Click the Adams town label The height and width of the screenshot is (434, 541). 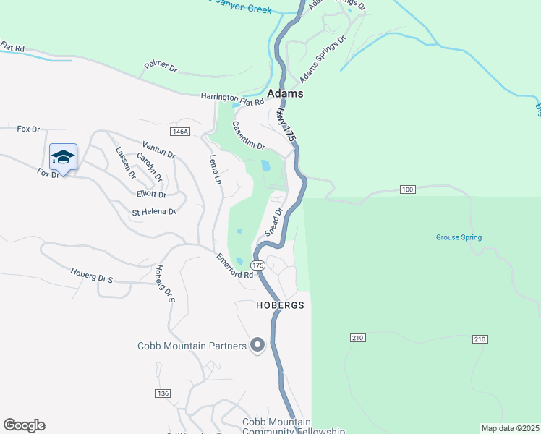tap(285, 94)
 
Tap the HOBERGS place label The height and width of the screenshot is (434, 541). tap(280, 306)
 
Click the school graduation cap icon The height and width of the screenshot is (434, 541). tap(63, 157)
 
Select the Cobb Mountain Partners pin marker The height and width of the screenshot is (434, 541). tap(257, 345)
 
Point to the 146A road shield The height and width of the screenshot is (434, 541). tap(180, 132)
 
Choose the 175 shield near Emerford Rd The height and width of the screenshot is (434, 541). tap(259, 266)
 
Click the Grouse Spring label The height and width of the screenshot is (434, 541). tap(459, 237)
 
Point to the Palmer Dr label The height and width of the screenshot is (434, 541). tap(161, 67)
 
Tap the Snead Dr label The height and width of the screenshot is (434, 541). tap(272, 222)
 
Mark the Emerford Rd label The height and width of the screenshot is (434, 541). tap(235, 265)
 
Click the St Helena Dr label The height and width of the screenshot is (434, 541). tap(153, 212)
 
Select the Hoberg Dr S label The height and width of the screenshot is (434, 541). tap(92, 275)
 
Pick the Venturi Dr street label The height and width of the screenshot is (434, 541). tap(159, 150)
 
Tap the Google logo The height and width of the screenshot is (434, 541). tap(24, 425)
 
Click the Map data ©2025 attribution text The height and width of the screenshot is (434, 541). tap(510, 428)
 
